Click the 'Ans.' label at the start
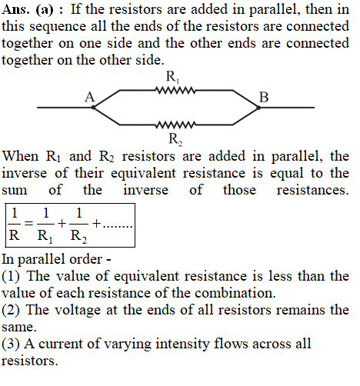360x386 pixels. tap(15, 9)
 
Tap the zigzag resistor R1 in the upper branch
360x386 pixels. tap(175, 90)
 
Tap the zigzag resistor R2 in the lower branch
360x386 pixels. tap(175, 125)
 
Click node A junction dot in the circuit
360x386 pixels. tap(94, 108)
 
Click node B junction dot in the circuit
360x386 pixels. tap(258, 108)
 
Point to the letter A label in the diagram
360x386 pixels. tap(90, 97)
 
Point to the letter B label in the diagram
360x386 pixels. tap(264, 97)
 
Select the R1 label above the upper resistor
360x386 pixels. tap(172, 77)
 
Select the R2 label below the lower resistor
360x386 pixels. tap(175, 139)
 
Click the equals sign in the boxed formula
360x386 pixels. tap(28, 224)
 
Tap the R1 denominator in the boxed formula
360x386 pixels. tap(45, 236)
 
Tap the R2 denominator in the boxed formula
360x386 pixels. tap(78, 236)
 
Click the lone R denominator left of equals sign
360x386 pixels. tap(14, 235)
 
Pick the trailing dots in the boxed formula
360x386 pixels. tap(117, 227)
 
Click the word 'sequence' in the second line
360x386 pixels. tap(58, 27)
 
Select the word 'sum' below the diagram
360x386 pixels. tap(15, 191)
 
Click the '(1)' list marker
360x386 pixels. tap(11, 277)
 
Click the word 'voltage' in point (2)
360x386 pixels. tap(78, 311)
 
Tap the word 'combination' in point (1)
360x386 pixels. tap(233, 293)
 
